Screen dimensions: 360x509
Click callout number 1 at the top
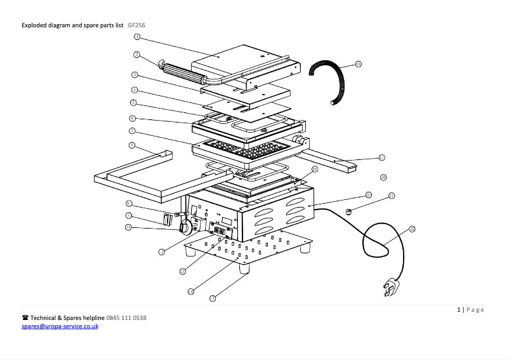point(136,37)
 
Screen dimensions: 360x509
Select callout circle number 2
point(136,54)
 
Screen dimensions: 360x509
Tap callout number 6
point(132,118)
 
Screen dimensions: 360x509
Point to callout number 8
point(131,145)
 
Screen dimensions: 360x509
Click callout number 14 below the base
point(190,291)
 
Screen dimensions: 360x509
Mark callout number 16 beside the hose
point(359,64)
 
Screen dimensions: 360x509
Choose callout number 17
point(381,157)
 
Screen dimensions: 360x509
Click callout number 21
point(392,196)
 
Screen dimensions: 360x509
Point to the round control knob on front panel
point(185,226)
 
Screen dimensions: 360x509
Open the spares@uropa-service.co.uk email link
point(60,326)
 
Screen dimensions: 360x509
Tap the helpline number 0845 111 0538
point(126,317)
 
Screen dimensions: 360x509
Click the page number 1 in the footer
point(459,310)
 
